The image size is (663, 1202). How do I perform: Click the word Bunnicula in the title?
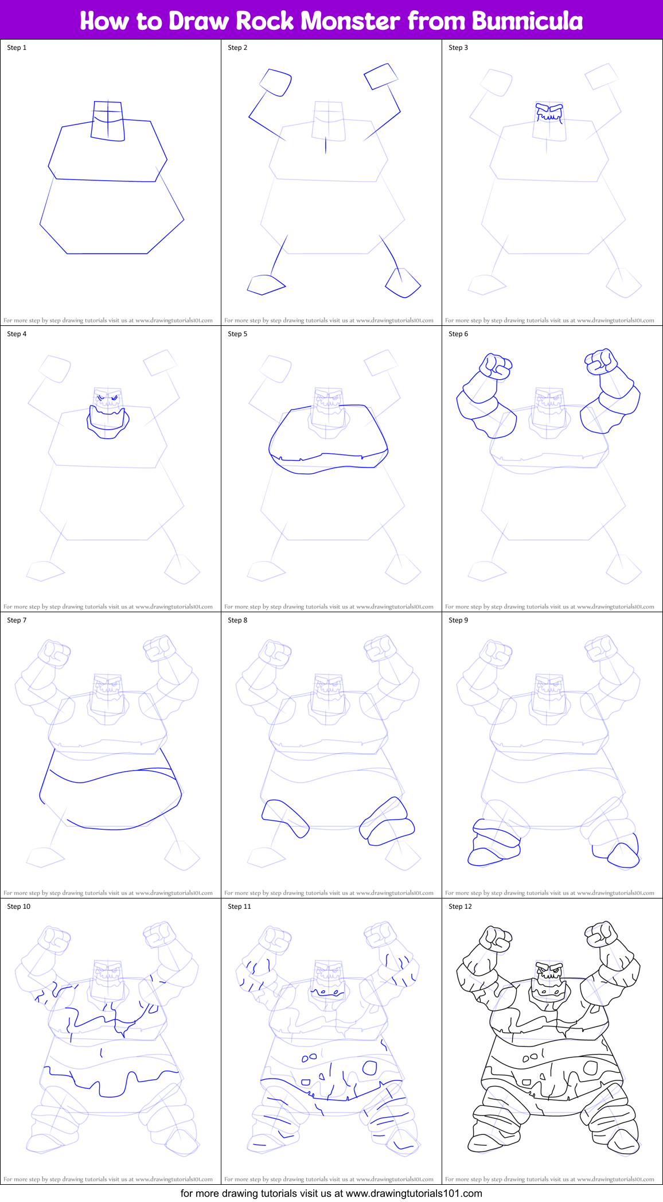pyautogui.click(x=527, y=21)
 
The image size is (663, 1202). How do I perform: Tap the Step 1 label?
pyautogui.click(x=17, y=48)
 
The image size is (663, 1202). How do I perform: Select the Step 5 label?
pyautogui.click(x=237, y=334)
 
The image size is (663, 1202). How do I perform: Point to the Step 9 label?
pyautogui.click(x=458, y=620)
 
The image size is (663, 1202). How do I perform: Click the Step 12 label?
pyautogui.click(x=460, y=907)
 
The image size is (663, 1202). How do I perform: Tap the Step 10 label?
pyautogui.click(x=19, y=907)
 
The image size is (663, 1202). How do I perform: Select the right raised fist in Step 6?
pyautogui.click(x=600, y=361)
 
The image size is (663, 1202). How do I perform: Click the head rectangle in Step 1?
pyautogui.click(x=107, y=120)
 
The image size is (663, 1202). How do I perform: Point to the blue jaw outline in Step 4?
pyautogui.click(x=108, y=425)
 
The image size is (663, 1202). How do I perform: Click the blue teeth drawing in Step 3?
pyautogui.click(x=549, y=113)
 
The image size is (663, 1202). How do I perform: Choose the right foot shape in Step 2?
pyautogui.click(x=403, y=283)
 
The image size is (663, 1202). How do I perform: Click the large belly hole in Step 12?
pyautogui.click(x=590, y=1068)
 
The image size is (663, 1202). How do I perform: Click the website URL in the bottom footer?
pyautogui.click(x=414, y=1193)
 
